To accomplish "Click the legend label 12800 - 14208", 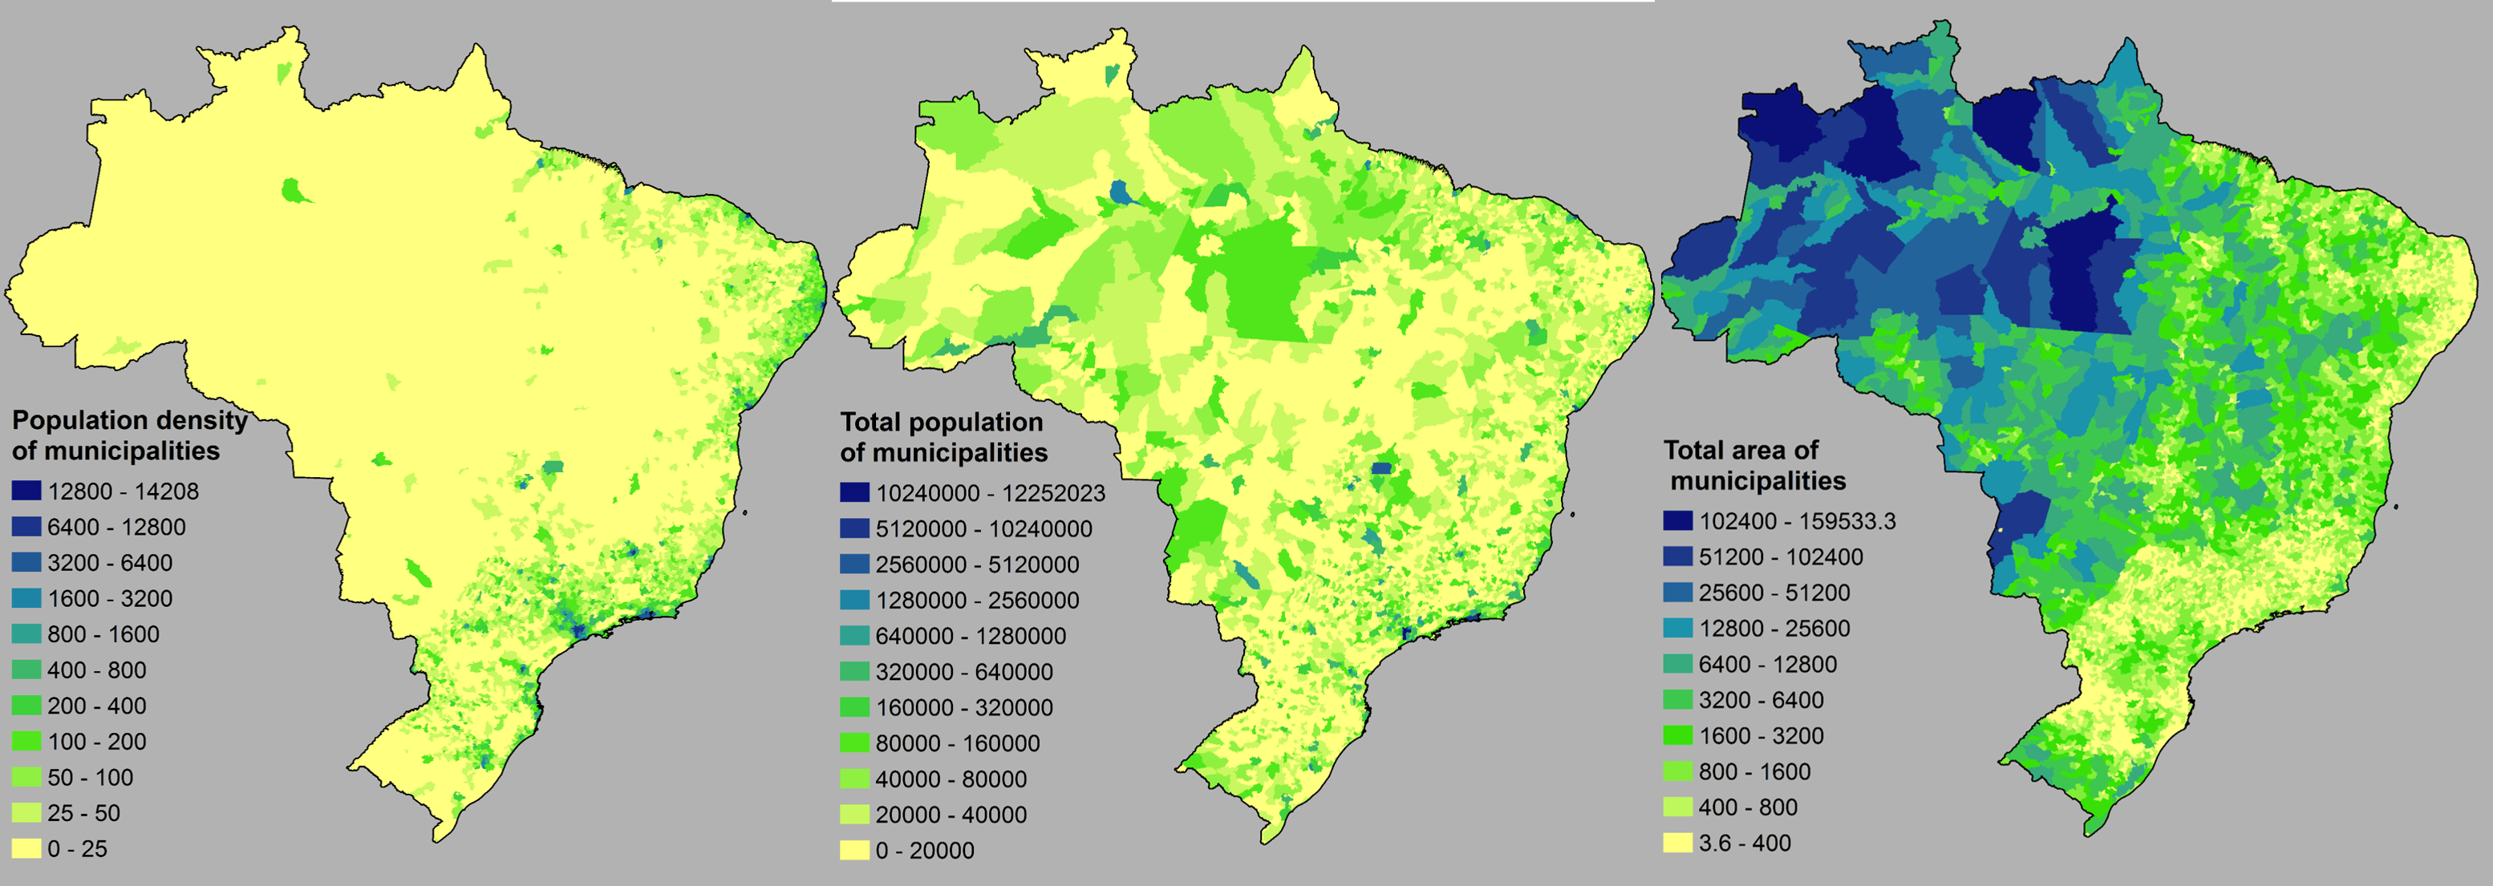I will [123, 492].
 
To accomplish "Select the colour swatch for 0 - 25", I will [26, 848].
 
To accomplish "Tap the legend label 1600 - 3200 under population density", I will [109, 599].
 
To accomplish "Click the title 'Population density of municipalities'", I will [128, 435].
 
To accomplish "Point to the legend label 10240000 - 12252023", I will [990, 493].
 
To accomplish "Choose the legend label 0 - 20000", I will [924, 850].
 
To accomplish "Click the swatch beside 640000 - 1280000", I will [854, 636].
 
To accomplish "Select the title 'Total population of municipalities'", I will [942, 437].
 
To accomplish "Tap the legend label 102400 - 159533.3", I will [1798, 521].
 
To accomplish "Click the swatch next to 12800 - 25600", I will [1678, 628].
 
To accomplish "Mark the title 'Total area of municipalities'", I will [1753, 465].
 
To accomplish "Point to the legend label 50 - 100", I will [90, 777].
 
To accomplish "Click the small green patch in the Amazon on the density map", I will [294, 191].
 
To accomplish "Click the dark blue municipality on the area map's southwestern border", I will [2025, 527].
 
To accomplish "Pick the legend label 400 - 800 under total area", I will [1748, 807].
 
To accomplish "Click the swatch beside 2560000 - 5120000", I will [854, 564].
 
